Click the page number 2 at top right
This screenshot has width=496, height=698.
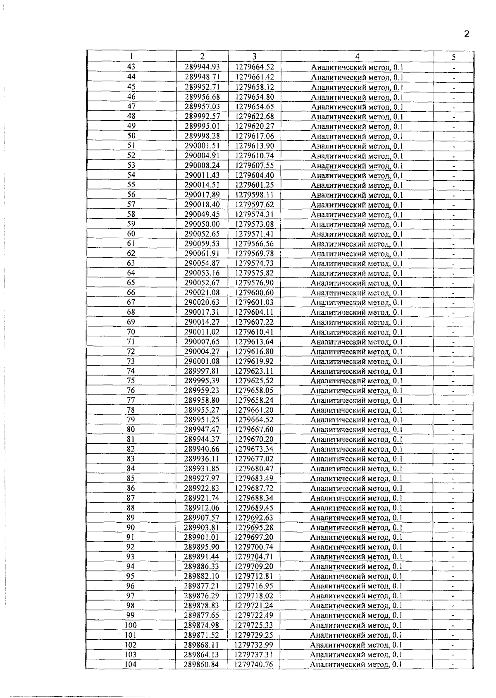click(467, 34)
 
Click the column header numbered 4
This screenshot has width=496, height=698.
click(357, 57)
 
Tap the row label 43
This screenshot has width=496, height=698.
click(131, 67)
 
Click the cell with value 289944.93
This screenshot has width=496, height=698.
click(202, 67)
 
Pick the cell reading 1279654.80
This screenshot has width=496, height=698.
click(255, 97)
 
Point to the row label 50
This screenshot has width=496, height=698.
click(131, 136)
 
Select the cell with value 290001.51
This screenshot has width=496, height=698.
click(202, 146)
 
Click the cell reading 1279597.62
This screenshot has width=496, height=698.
click(255, 205)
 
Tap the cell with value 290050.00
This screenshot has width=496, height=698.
click(202, 224)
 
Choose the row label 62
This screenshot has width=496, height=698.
click(131, 253)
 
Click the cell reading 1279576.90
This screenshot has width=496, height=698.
click(255, 283)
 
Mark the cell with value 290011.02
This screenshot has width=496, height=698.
click(202, 332)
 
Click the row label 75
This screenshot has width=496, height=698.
click(131, 381)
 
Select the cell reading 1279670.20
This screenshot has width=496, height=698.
click(255, 440)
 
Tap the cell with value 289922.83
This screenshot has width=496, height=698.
click(202, 488)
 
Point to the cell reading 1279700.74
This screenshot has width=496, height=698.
click(255, 547)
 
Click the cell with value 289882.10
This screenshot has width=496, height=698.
click(202, 576)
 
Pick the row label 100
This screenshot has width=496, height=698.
click(131, 626)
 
